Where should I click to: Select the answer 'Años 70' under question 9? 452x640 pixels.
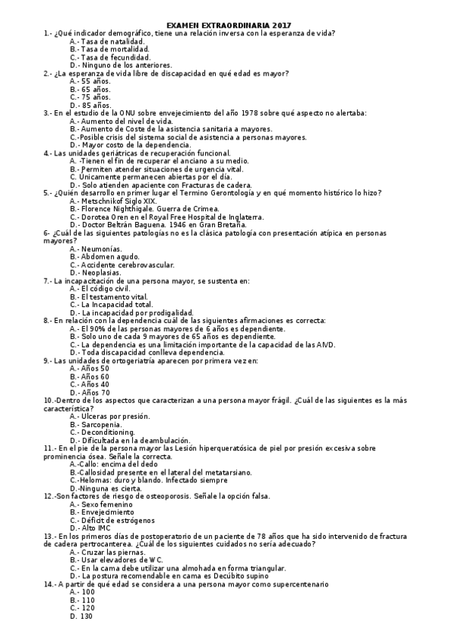click(95, 392)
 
